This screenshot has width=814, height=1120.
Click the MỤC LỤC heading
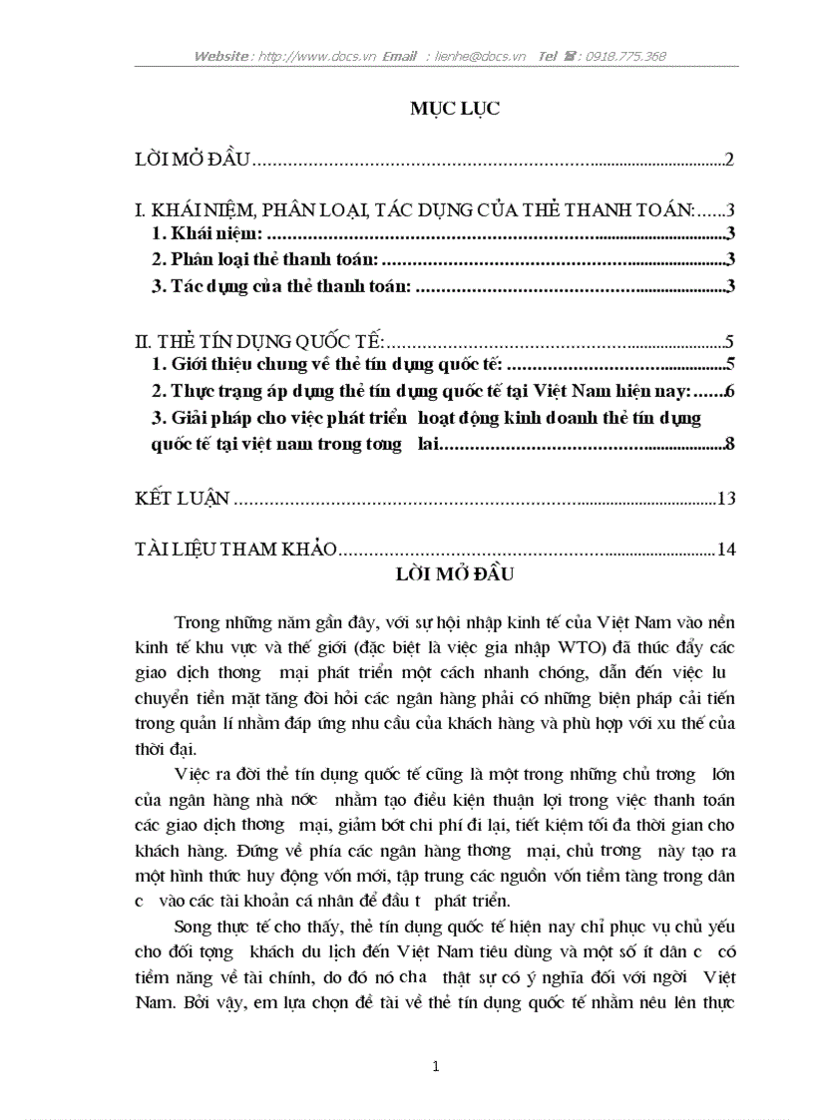[x=455, y=108]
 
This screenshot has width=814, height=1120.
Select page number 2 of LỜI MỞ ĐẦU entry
[x=730, y=160]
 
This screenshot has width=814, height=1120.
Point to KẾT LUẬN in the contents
[x=183, y=498]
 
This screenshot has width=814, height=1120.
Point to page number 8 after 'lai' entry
[x=730, y=444]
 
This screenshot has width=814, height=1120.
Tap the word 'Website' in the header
[x=222, y=57]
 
